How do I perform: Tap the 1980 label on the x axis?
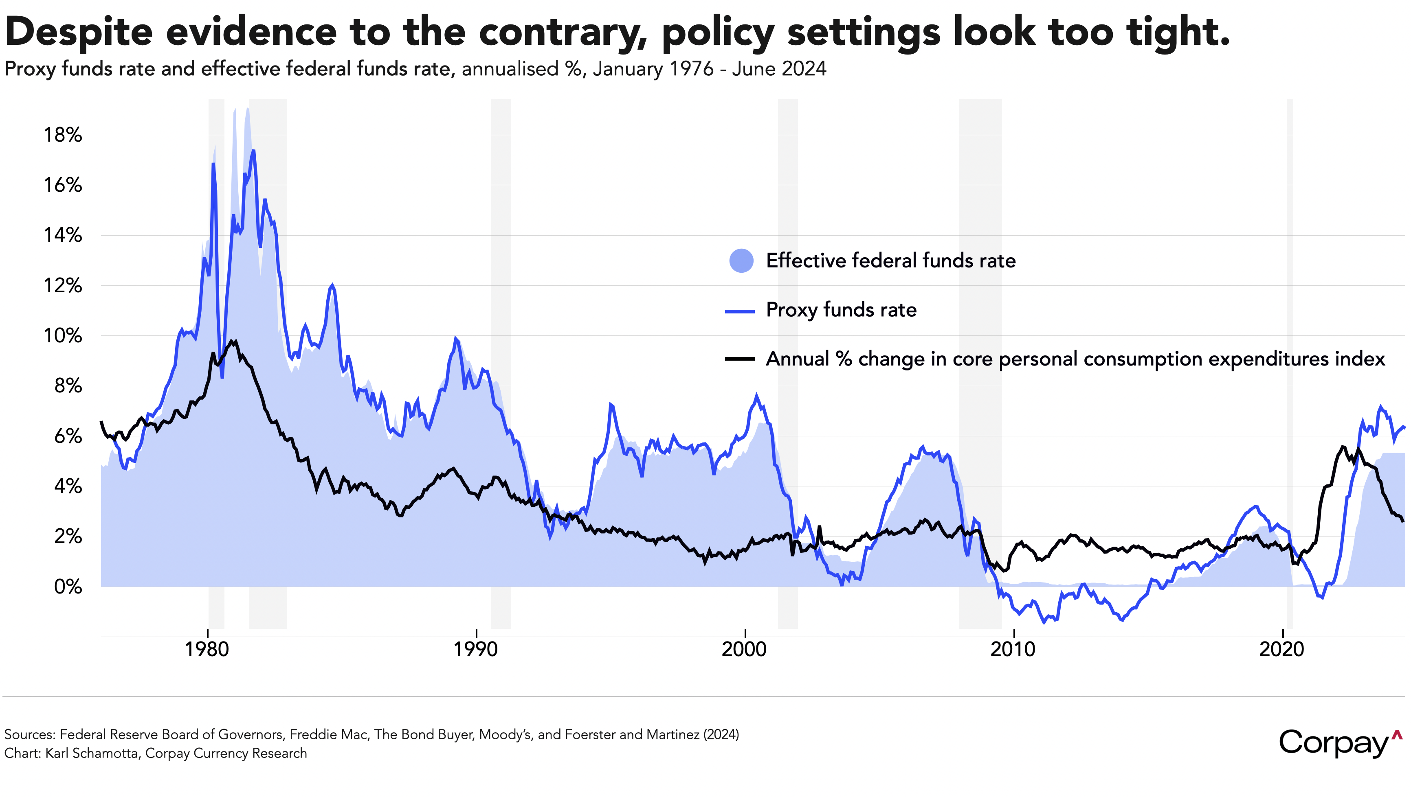pyautogui.click(x=207, y=649)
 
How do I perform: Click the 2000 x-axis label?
pyautogui.click(x=744, y=649)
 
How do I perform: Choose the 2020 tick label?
pyautogui.click(x=1282, y=649)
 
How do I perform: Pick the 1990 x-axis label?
pyautogui.click(x=475, y=649)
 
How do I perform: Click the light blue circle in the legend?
pyautogui.click(x=741, y=261)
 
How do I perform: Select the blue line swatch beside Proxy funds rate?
pyautogui.click(x=740, y=311)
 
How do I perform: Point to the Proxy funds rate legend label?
pyautogui.click(x=841, y=310)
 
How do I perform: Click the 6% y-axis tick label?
pyautogui.click(x=68, y=436)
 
